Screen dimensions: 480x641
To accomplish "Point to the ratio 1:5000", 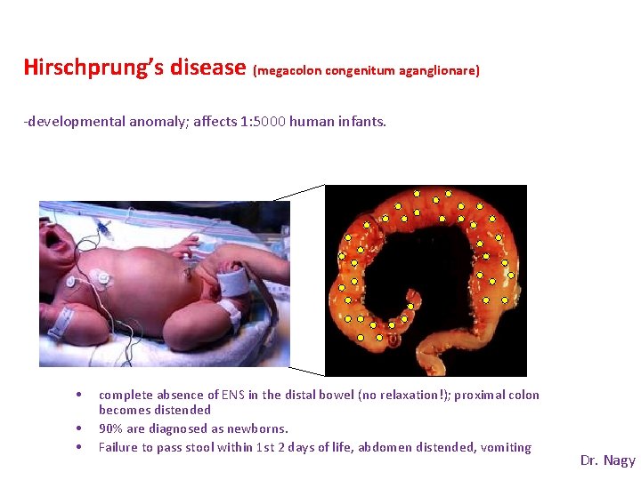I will coord(263,122).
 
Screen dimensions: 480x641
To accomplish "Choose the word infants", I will coord(362,122).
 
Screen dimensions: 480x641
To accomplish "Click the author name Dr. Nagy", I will coord(607,460).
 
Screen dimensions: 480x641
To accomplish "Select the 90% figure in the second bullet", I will coord(110,428).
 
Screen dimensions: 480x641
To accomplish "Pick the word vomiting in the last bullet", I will coord(506,447).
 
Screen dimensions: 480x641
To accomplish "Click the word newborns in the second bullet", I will coord(257,428).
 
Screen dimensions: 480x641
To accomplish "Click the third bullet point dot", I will coord(80,447).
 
